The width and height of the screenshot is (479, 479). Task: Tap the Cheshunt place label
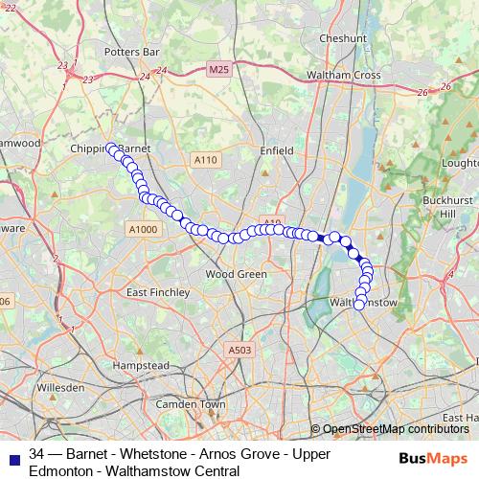(343, 38)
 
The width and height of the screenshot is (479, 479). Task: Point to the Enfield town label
(276, 149)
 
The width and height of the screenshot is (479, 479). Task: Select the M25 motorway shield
(217, 70)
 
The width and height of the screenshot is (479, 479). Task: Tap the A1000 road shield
(141, 229)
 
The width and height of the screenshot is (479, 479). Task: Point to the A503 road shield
(239, 351)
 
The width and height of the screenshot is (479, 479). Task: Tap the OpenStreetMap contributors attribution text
(395, 429)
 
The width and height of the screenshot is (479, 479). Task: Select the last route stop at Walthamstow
(360, 305)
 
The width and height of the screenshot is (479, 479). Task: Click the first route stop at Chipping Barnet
(111, 148)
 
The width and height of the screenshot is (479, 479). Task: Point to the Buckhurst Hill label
(445, 207)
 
